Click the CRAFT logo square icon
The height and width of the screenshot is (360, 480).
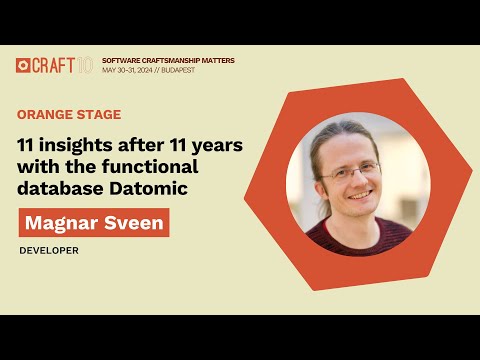click(x=24, y=66)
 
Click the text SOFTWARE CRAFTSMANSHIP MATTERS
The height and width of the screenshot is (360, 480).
click(x=169, y=60)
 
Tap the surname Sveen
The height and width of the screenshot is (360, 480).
click(x=129, y=222)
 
